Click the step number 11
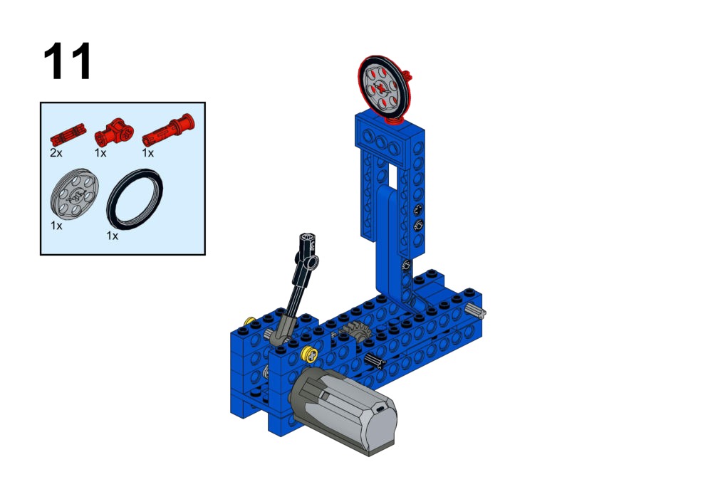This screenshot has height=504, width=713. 67,61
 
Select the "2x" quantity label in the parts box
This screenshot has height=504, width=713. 56,153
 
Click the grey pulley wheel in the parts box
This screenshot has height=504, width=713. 75,194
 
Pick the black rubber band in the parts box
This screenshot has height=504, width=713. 135,199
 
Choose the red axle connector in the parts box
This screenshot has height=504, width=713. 114,132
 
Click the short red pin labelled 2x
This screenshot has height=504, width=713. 68,135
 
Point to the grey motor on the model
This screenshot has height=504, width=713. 344,410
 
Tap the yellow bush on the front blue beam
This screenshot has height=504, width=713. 310,354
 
